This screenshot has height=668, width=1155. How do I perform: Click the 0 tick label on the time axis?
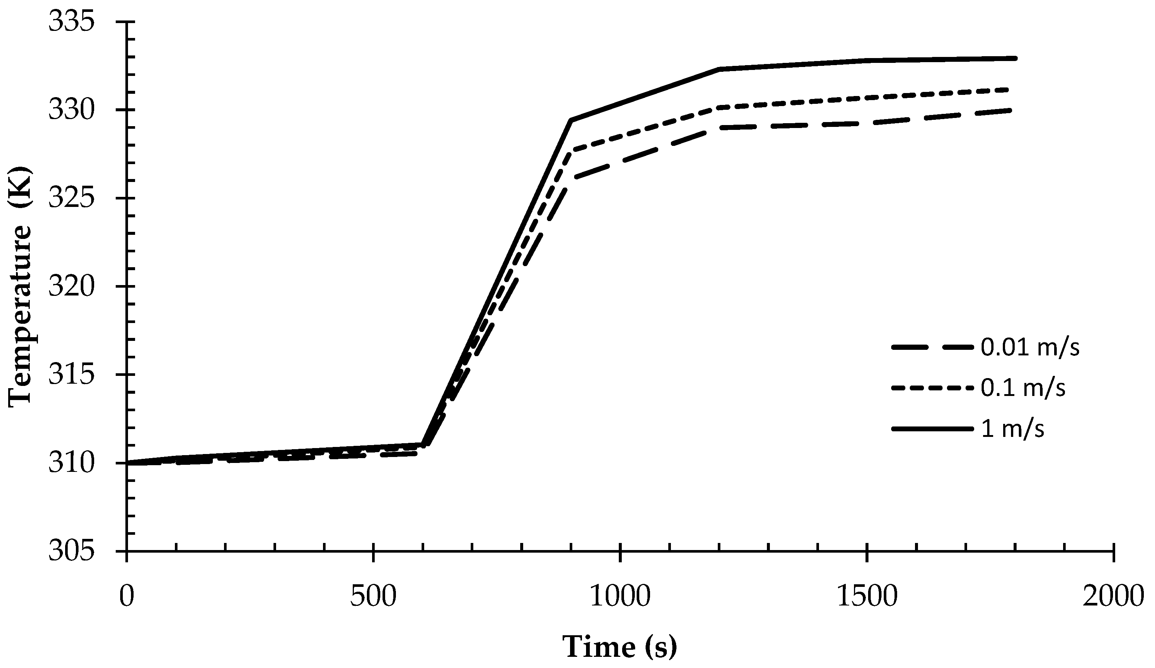point(126,597)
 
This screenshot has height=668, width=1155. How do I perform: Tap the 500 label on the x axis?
point(373,597)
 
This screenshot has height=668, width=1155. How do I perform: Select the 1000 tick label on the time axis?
point(620,597)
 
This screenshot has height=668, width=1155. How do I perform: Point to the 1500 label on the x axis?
point(867,597)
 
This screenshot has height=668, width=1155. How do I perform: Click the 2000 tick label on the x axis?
point(1113,597)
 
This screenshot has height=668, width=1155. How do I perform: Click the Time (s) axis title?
point(619,647)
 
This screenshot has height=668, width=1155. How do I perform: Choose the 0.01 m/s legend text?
point(1030,348)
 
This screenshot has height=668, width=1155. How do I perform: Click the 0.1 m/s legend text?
point(1023,388)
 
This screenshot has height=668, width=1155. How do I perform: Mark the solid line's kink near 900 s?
point(571,120)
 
